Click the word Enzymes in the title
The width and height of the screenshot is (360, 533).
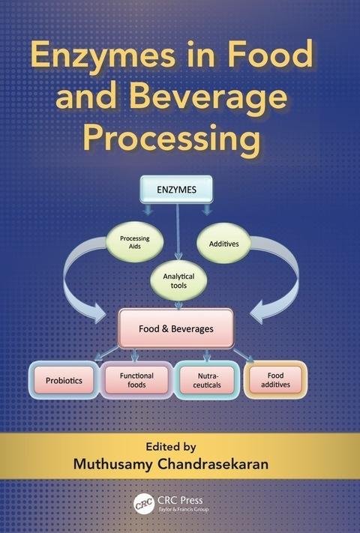click(x=103, y=55)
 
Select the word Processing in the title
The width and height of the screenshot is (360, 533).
click(x=172, y=139)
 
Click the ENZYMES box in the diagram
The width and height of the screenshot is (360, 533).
click(x=177, y=190)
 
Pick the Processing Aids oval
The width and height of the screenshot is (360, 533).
click(x=134, y=242)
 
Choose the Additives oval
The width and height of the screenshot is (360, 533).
click(x=223, y=244)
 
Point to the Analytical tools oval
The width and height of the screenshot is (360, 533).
click(x=178, y=281)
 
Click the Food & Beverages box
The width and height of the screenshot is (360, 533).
click(x=176, y=328)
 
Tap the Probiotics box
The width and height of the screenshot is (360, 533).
click(x=64, y=380)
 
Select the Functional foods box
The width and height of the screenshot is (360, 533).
click(x=136, y=380)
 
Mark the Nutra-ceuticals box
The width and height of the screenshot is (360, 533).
click(x=207, y=380)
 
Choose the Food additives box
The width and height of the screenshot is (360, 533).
click(x=276, y=379)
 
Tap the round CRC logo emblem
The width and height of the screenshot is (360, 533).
click(x=142, y=504)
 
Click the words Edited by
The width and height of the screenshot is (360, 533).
click(x=171, y=447)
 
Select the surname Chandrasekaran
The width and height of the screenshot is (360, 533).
click(x=213, y=464)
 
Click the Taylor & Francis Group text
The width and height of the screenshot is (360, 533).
click(x=183, y=509)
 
